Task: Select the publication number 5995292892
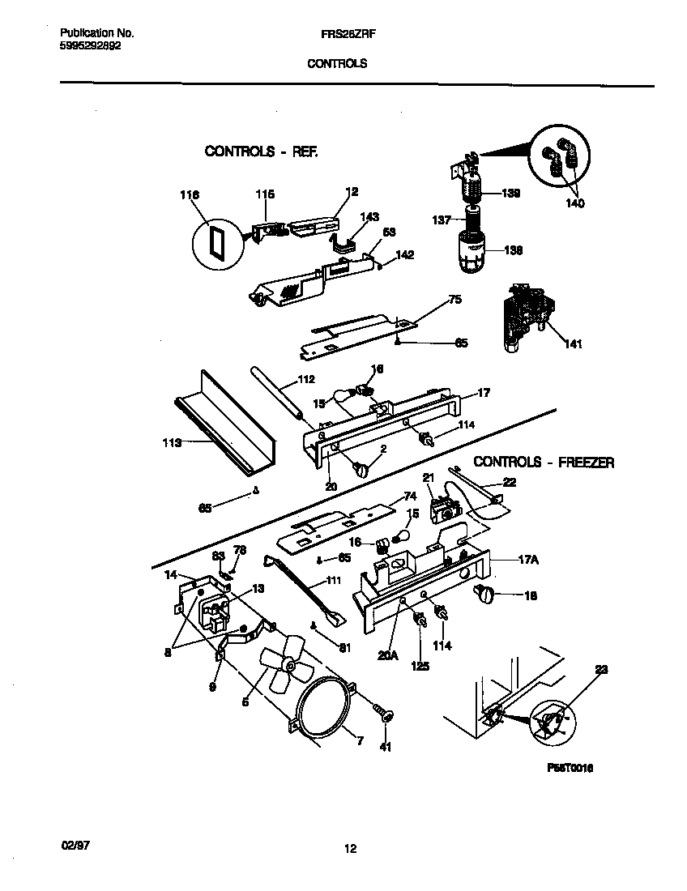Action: (x=91, y=46)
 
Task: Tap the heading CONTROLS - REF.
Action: (x=260, y=151)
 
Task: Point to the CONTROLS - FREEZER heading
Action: (x=543, y=463)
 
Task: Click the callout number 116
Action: (x=189, y=194)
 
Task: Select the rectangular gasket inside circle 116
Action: (x=216, y=243)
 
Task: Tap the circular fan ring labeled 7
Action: (x=323, y=713)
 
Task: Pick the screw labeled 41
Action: (x=384, y=714)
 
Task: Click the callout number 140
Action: (x=574, y=203)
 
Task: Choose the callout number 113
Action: (x=172, y=442)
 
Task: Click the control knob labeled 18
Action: (x=488, y=597)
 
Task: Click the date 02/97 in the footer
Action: (x=75, y=844)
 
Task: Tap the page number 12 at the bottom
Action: (x=349, y=849)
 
